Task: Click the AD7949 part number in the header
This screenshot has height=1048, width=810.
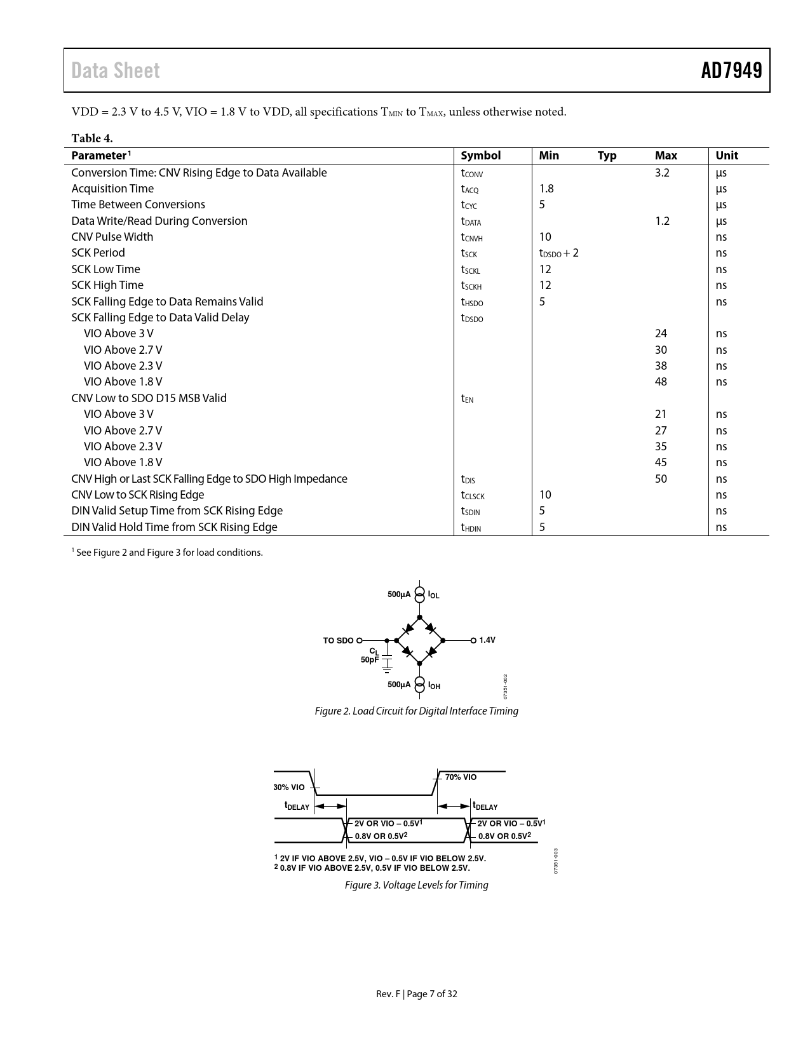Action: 731,71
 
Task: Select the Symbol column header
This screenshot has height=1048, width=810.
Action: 480,156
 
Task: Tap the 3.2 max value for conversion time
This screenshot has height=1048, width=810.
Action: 662,173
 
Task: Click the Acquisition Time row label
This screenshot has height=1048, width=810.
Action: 112,189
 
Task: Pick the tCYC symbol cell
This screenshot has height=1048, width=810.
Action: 469,205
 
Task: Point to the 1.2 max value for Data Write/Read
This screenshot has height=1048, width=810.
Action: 662,221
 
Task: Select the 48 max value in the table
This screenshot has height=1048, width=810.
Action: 661,382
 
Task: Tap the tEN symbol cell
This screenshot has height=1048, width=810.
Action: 467,399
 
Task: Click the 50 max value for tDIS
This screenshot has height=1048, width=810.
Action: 661,479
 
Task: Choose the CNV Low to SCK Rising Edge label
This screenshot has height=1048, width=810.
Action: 138,495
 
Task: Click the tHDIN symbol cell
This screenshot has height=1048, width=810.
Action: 471,528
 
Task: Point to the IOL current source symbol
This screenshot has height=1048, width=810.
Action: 419,595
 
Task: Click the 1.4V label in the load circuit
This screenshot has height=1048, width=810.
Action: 487,640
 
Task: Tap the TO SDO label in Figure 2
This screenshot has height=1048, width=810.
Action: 338,640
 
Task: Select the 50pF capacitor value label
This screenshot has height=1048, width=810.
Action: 370,660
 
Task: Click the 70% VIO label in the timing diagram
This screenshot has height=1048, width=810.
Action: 461,777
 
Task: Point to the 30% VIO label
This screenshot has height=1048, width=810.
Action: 289,788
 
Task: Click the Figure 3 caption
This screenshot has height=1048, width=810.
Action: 416,885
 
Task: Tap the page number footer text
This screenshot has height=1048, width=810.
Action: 416,994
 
